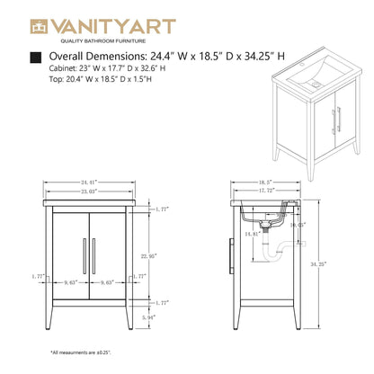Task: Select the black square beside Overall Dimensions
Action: point(35,58)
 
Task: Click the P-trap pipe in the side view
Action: point(280,256)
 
